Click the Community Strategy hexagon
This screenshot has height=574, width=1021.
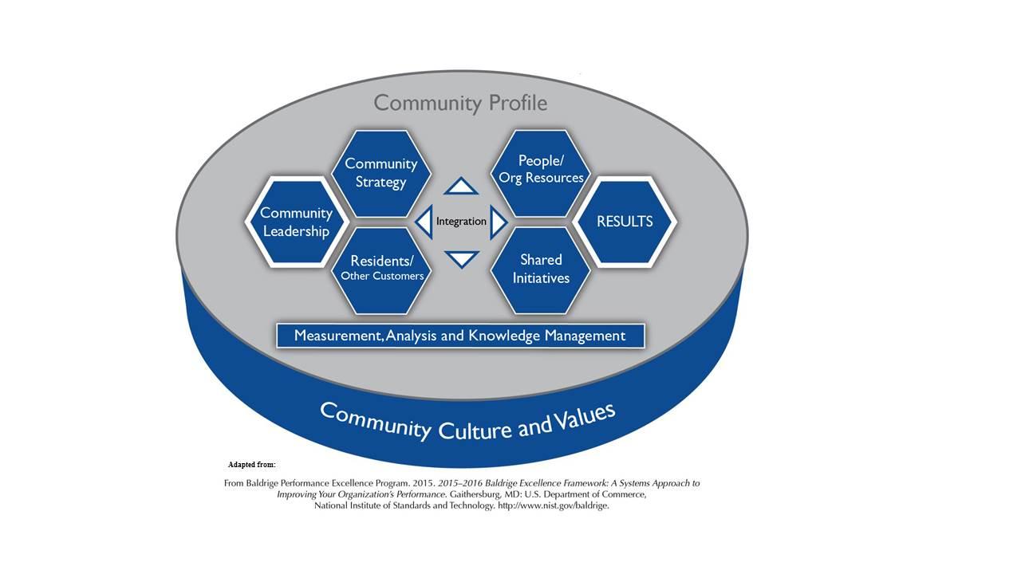[381, 173]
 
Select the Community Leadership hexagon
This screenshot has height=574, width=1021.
[296, 222]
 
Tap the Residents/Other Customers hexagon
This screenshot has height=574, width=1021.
[381, 269]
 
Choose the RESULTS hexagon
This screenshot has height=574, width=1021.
[625, 222]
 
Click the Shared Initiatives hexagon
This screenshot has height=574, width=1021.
[540, 269]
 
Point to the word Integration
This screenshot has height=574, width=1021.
[461, 221]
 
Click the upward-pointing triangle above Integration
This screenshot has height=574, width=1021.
[461, 187]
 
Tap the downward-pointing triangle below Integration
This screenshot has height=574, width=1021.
[461, 258]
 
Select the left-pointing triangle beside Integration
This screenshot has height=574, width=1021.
[424, 221]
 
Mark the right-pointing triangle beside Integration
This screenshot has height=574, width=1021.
[498, 222]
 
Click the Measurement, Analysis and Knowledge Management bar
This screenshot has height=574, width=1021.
[460, 336]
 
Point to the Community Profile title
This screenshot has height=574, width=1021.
[460, 103]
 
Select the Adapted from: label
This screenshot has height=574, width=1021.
[251, 464]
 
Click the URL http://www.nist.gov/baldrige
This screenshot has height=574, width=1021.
[553, 505]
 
